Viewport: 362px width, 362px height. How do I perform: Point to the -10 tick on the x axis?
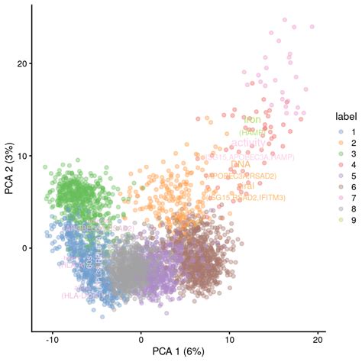[53, 338]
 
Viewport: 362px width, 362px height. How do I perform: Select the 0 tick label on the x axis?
[141, 338]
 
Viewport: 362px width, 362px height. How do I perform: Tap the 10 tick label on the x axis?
[229, 338]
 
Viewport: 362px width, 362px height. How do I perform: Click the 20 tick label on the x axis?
[318, 338]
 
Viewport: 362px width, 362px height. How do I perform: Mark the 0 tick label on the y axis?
[25, 247]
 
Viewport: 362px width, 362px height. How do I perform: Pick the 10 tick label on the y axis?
[23, 156]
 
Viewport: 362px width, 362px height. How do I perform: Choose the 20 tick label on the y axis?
[23, 63]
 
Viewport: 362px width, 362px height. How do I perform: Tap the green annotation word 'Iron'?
[252, 120]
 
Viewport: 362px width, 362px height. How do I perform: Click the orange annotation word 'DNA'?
[240, 164]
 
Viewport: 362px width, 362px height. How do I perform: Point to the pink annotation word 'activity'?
[249, 143]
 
